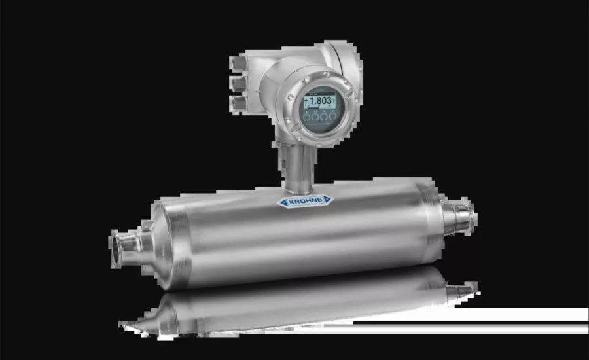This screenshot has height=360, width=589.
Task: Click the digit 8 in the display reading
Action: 319,101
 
